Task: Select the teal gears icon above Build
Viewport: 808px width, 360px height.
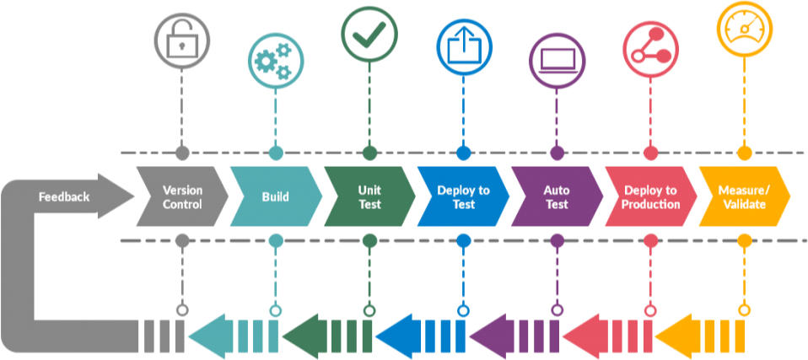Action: click(x=275, y=60)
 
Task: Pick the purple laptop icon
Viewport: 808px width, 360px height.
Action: click(x=557, y=61)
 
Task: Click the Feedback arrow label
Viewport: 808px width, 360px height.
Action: click(x=64, y=197)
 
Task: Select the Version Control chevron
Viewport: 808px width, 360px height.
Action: click(x=182, y=197)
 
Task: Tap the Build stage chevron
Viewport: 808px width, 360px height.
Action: click(x=275, y=197)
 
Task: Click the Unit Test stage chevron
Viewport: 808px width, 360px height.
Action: click(x=369, y=197)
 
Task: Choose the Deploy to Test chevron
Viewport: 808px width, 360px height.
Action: click(x=463, y=197)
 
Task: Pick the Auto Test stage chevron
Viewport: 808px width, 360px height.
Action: click(x=556, y=197)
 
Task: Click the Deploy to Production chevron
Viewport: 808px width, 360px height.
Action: click(x=650, y=197)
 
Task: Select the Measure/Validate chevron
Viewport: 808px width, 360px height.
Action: click(x=744, y=197)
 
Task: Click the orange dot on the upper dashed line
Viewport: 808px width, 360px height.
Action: click(x=744, y=153)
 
